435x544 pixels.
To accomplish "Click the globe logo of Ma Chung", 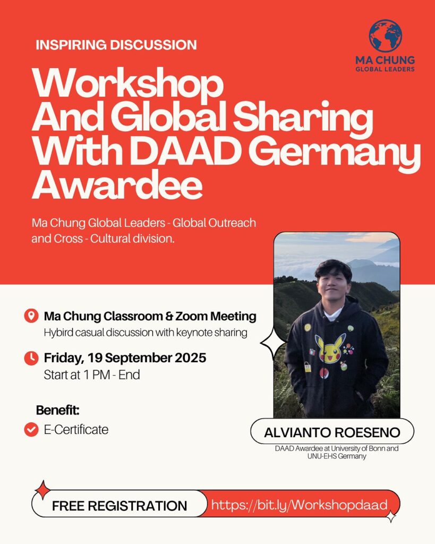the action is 385,36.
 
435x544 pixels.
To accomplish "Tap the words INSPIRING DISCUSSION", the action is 116,45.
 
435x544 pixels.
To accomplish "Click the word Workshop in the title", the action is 127,85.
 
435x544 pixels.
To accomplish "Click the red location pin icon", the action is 31,316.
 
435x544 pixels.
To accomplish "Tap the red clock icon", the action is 31,358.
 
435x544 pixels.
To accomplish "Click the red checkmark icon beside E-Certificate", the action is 31,429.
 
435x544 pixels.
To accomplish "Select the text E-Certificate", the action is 76,429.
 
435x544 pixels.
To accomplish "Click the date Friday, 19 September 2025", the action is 125,358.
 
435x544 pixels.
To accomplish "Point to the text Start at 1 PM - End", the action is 91,375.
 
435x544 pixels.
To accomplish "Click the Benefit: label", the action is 57,410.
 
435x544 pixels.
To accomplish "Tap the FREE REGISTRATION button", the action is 120,506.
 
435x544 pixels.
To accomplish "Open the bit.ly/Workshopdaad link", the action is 299,505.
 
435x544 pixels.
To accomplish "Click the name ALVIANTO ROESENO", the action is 332,432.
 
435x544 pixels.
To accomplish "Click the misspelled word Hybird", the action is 58,333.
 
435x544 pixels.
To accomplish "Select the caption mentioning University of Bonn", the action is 337,452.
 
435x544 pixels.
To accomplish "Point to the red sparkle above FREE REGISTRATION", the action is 42,489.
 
